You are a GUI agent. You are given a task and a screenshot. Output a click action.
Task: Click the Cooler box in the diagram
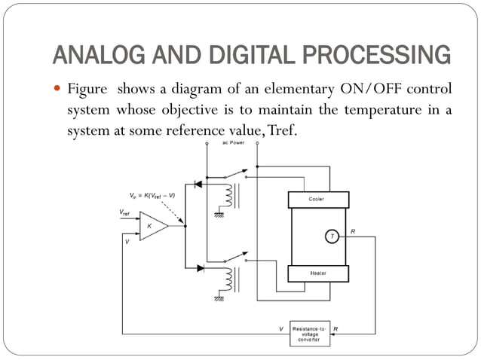click(317, 199)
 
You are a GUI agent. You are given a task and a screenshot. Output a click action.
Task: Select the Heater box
click(317, 273)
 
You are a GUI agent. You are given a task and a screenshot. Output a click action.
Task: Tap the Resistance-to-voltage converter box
click(311, 334)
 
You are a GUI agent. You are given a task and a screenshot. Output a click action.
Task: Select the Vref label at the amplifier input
click(125, 213)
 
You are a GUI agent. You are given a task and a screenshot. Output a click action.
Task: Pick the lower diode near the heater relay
click(200, 267)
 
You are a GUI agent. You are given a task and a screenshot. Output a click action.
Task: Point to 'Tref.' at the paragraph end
click(280, 129)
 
